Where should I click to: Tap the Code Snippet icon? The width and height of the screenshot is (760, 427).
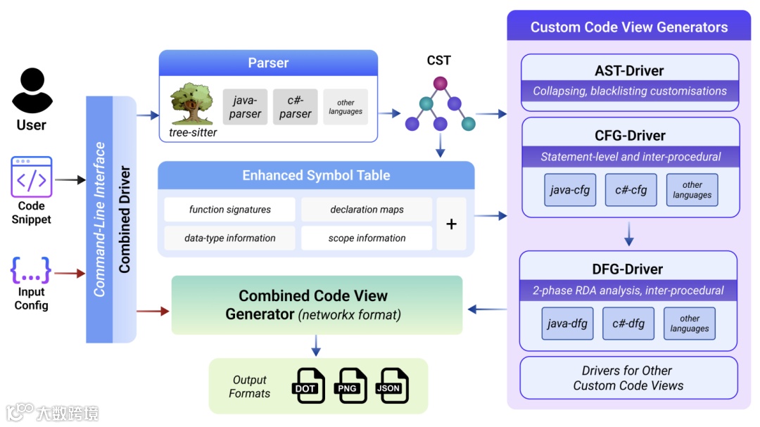(x=31, y=177)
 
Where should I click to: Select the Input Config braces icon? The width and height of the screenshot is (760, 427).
(x=31, y=270)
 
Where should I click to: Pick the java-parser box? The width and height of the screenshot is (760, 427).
(x=245, y=107)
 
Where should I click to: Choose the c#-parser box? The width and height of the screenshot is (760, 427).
(x=295, y=107)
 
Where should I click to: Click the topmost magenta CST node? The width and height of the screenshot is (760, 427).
(x=441, y=84)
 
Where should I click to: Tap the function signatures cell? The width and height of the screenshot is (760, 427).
(x=229, y=210)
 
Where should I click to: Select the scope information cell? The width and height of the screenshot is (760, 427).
(x=367, y=238)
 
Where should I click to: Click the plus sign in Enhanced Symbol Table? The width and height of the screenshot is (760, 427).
(x=452, y=224)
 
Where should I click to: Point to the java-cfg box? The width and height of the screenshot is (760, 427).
(x=570, y=190)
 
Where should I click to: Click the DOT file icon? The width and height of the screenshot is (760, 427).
(x=308, y=385)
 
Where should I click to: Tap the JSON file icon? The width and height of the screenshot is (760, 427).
(x=391, y=385)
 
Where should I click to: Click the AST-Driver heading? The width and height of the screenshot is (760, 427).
(x=629, y=70)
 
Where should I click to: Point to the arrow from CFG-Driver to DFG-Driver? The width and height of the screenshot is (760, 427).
(x=629, y=234)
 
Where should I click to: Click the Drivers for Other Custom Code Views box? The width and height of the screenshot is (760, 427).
(x=628, y=378)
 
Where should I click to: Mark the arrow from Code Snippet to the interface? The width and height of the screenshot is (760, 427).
(x=70, y=180)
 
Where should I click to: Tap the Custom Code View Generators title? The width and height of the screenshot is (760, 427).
(x=628, y=27)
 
